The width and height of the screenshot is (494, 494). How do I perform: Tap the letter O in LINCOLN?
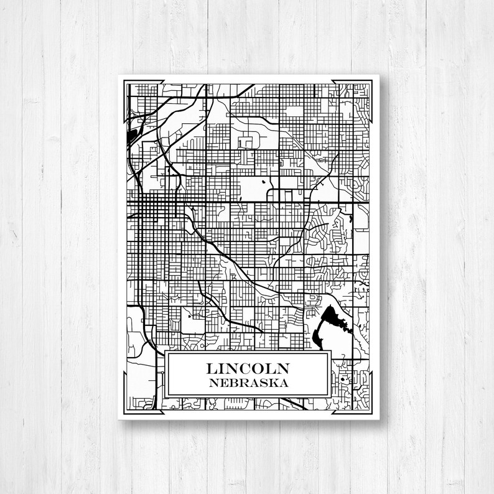(x=263, y=368)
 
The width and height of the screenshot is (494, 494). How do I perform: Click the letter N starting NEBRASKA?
(x=213, y=383)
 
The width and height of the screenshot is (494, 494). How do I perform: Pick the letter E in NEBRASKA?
(x=223, y=383)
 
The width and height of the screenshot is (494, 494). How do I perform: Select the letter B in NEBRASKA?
(x=233, y=383)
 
